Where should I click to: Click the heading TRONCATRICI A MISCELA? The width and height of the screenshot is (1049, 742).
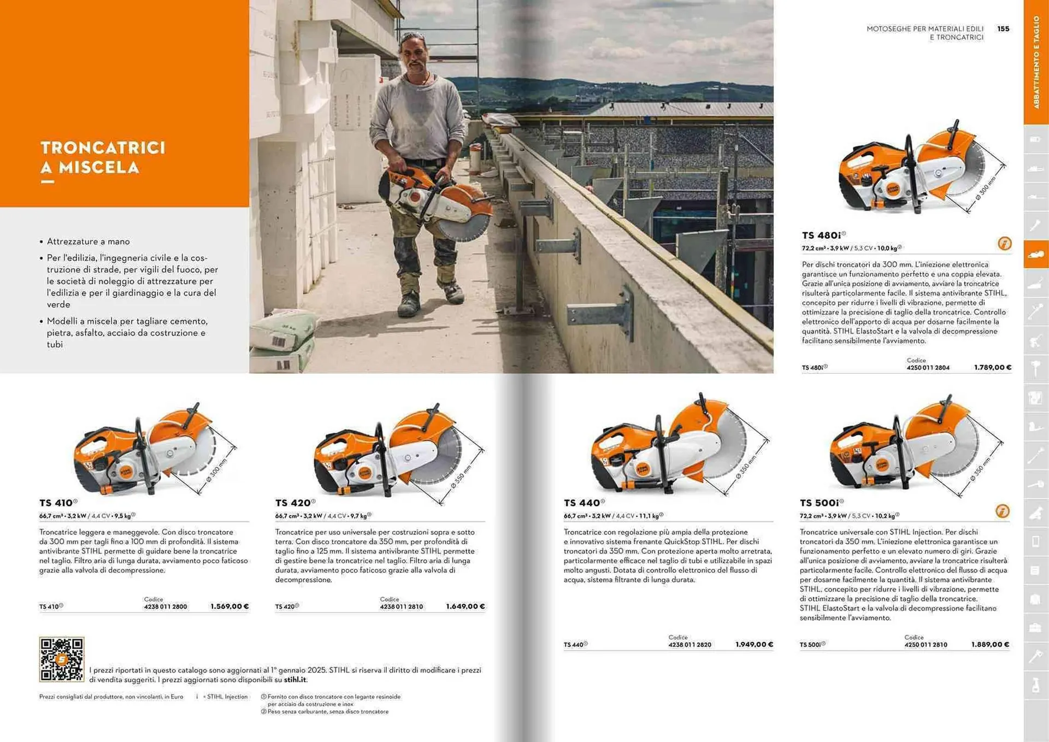click(103, 157)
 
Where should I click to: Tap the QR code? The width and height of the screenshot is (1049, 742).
click(61, 659)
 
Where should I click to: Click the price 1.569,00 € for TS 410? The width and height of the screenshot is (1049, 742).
click(229, 606)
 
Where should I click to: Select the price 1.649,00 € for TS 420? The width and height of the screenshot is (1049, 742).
click(465, 606)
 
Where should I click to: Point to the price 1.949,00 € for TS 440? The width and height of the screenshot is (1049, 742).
click(754, 645)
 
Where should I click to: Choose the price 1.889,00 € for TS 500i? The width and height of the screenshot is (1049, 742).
click(990, 645)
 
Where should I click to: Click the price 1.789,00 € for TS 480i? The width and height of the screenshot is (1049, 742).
click(992, 368)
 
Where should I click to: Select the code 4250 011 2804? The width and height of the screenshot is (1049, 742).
click(928, 368)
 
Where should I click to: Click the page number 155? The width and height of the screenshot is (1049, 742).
click(1003, 29)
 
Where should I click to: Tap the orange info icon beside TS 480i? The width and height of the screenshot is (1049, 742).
click(1004, 244)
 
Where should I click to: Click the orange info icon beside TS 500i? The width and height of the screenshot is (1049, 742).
click(1002, 511)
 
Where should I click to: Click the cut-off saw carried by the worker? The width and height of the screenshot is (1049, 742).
click(437, 202)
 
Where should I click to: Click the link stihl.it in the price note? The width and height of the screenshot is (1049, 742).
click(295, 680)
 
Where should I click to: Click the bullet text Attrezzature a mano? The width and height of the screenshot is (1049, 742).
click(88, 242)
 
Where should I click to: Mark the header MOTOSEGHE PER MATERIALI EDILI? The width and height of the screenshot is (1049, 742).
click(924, 29)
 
